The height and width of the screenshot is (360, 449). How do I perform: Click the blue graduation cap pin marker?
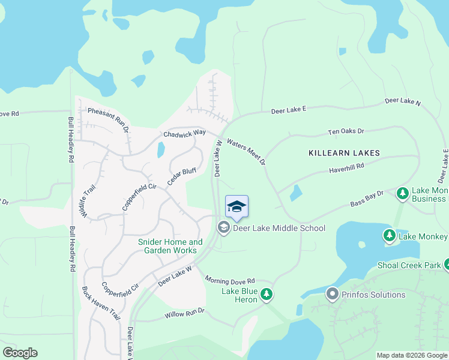[x=237, y=208]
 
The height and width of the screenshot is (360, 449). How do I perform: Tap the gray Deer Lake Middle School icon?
[x=224, y=227]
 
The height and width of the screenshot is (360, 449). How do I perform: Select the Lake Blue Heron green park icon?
[x=267, y=294]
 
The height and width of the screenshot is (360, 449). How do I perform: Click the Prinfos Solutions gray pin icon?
[x=332, y=295]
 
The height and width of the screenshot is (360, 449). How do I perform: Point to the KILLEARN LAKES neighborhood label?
[x=344, y=153]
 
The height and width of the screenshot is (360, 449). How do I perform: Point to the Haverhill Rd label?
[x=348, y=170]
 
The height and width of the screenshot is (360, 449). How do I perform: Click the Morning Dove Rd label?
[x=230, y=280]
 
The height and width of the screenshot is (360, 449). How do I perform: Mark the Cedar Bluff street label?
[x=182, y=176]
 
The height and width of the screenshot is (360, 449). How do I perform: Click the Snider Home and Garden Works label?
[x=170, y=246]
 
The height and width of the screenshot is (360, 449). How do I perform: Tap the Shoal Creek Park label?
[x=409, y=265]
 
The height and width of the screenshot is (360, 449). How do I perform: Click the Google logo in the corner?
[x=20, y=353]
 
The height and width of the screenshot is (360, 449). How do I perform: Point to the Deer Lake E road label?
[x=289, y=110]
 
